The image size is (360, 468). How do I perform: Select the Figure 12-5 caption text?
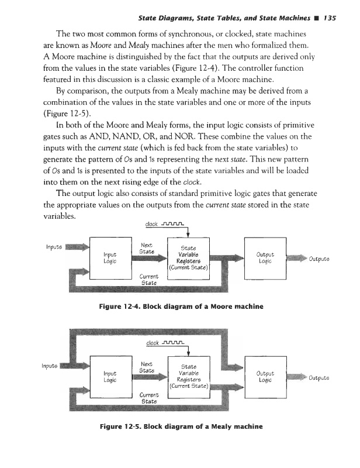179,426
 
